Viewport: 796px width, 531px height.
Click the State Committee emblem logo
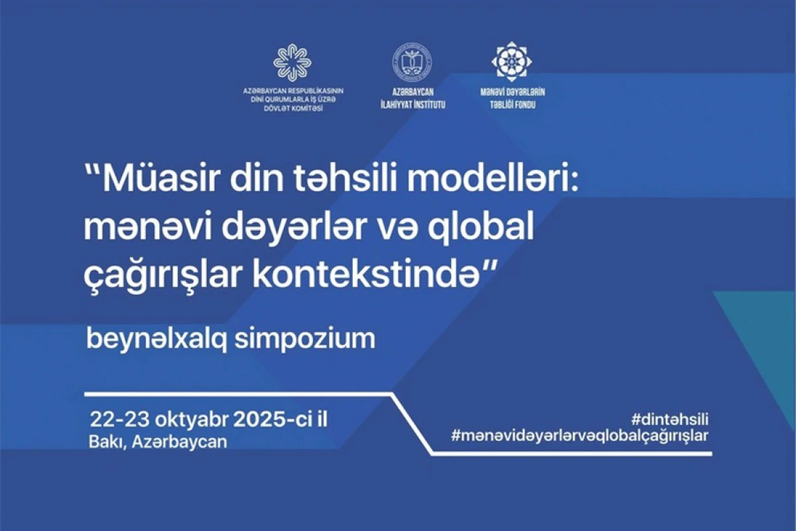(x=293, y=62)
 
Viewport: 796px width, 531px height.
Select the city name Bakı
(x=107, y=441)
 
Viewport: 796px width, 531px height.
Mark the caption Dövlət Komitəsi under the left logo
(x=293, y=108)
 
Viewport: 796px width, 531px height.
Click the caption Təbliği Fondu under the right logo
(x=511, y=105)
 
